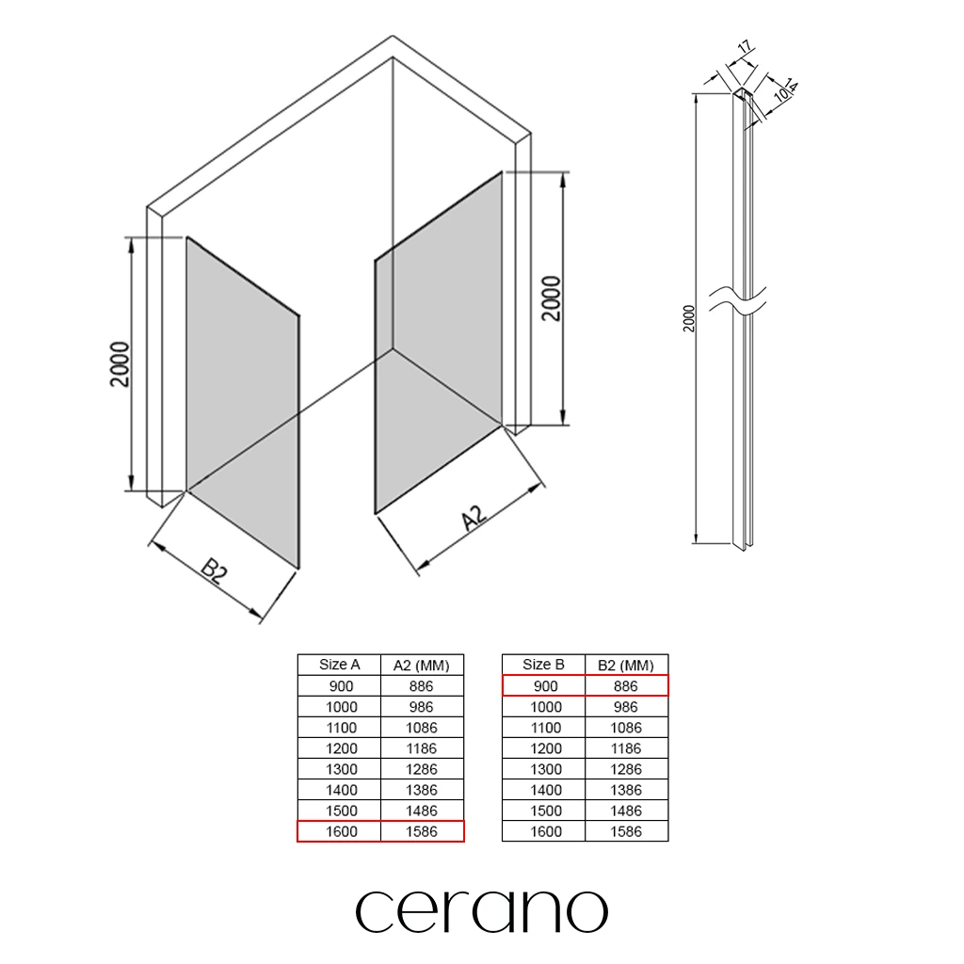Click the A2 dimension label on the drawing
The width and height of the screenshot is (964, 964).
(x=474, y=518)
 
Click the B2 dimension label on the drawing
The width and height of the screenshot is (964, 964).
(x=215, y=570)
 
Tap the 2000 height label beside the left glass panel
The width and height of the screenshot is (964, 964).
(x=120, y=364)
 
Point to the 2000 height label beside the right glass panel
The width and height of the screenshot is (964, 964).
(x=552, y=298)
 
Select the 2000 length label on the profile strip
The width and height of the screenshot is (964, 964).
(x=688, y=318)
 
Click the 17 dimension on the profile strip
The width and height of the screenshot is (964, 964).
(x=745, y=47)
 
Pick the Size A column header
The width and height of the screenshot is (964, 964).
(x=339, y=665)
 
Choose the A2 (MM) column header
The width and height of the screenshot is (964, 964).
(x=421, y=666)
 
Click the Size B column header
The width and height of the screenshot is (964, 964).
(x=543, y=665)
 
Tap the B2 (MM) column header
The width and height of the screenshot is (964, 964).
(x=626, y=666)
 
